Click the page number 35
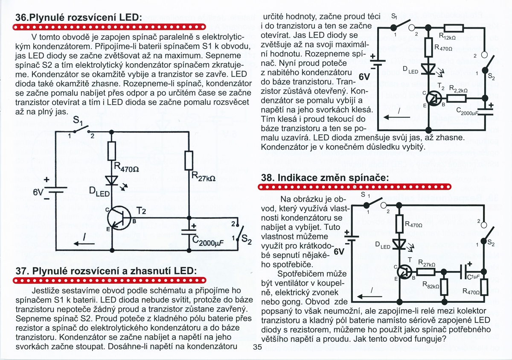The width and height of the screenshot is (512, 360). point(257,347)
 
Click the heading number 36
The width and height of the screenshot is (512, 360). point(22,18)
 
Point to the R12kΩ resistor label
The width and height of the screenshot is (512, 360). point(448,37)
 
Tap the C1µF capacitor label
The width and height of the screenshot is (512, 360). point(473,277)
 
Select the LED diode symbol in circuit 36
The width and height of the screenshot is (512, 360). point(112,180)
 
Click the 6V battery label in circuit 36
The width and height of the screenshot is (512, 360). point(39,193)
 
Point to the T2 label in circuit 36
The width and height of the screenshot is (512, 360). point(141,212)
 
